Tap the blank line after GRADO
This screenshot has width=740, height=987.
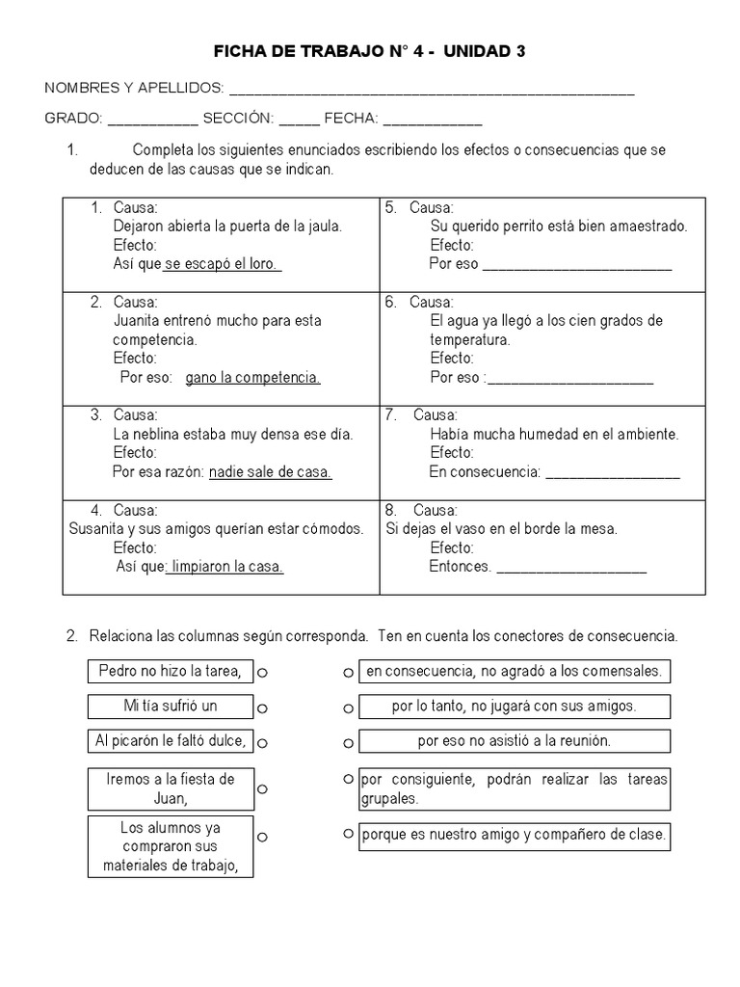tap(152, 123)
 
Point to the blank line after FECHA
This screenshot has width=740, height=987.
tap(433, 123)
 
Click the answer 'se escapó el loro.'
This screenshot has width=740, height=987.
tap(223, 263)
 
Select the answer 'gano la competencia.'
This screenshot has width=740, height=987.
tap(252, 377)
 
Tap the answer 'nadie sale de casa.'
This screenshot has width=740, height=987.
tap(270, 472)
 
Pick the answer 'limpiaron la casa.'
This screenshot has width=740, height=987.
tap(226, 567)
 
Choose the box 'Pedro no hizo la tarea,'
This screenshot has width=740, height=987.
tap(170, 671)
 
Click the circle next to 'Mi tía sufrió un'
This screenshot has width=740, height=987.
tap(262, 707)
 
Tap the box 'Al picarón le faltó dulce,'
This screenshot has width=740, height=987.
tap(170, 740)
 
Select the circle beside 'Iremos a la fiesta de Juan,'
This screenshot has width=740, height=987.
tap(262, 788)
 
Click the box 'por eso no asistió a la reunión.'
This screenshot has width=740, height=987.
tap(514, 741)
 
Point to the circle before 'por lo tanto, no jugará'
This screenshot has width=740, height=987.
tap(347, 707)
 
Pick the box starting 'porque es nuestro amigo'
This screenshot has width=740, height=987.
tap(514, 835)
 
